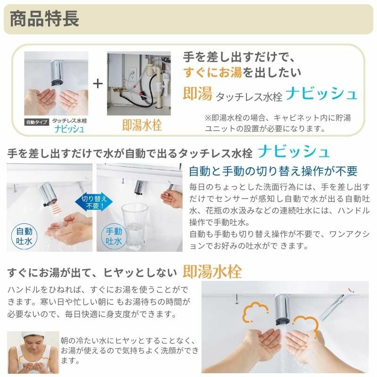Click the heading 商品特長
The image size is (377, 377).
45,20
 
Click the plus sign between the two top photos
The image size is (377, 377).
97,84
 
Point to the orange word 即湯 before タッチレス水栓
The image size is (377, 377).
197,94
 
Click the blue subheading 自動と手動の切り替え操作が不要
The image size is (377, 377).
273,171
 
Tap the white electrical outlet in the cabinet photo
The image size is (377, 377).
132,74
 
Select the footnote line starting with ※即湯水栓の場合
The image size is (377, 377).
278,118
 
